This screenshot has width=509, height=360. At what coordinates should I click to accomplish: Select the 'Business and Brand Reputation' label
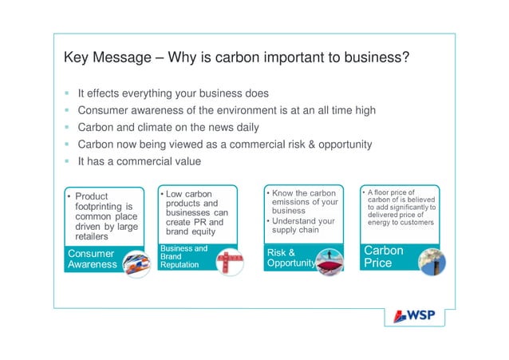coord(183,257)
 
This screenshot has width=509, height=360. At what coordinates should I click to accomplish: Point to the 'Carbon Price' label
coord(384,256)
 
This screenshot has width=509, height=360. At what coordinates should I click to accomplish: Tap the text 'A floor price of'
coord(391,192)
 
